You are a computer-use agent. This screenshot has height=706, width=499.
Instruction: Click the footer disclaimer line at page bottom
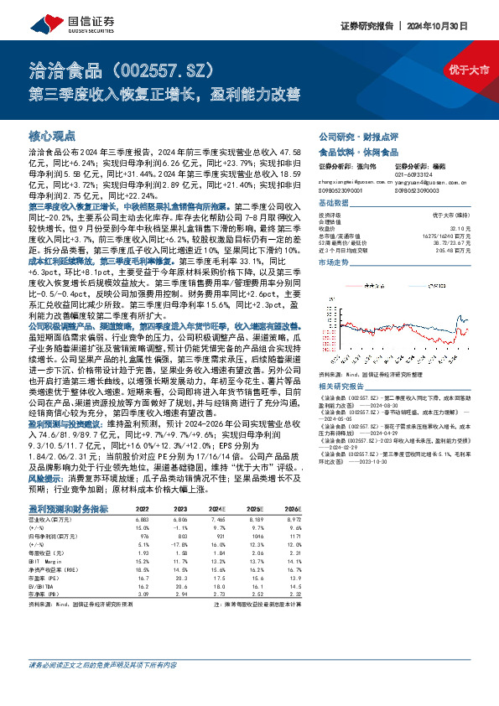point(102,689)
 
